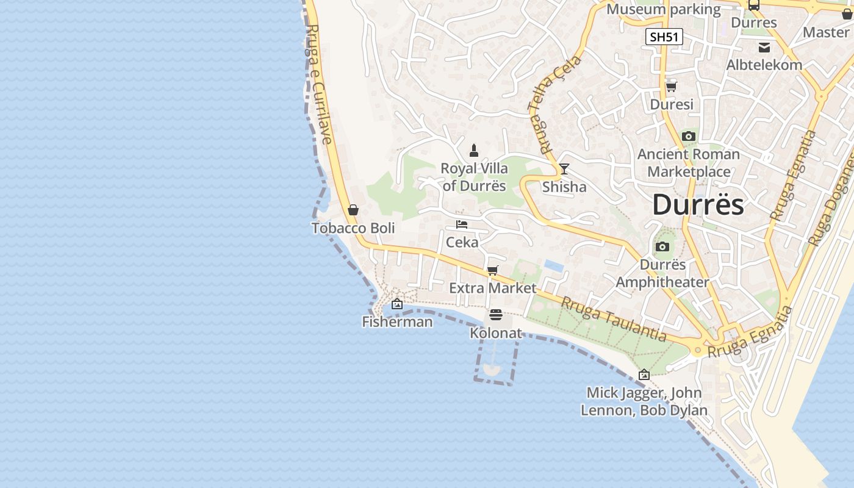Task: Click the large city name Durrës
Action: pyautogui.click(x=698, y=204)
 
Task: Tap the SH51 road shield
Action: pyautogui.click(x=664, y=37)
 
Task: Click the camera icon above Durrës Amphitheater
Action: pyautogui.click(x=662, y=247)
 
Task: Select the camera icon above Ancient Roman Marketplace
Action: pyautogui.click(x=689, y=136)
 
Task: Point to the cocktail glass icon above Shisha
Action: pyautogui.click(x=564, y=169)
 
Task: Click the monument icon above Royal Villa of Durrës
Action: pyautogui.click(x=474, y=150)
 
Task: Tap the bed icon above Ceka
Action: pyautogui.click(x=462, y=224)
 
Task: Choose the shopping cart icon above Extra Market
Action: pyautogui.click(x=492, y=270)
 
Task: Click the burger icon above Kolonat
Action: pyautogui.click(x=496, y=315)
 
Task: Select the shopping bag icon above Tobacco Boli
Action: pyautogui.click(x=353, y=210)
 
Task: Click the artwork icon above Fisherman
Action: pyautogui.click(x=397, y=304)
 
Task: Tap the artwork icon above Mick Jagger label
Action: pyautogui.click(x=644, y=375)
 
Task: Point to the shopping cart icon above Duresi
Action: pyautogui.click(x=672, y=87)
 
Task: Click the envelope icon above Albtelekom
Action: pyautogui.click(x=764, y=48)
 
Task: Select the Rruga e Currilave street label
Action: pyautogui.click(x=320, y=84)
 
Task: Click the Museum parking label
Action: pyautogui.click(x=664, y=9)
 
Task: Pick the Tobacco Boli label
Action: pyautogui.click(x=353, y=228)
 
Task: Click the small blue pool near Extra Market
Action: pyautogui.click(x=554, y=265)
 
